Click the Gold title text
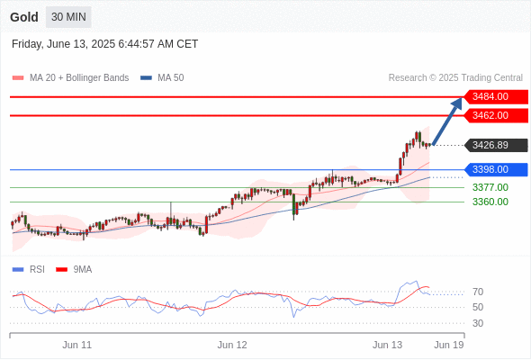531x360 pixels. [24, 17]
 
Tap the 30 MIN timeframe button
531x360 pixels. [68, 17]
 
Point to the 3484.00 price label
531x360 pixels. [496, 97]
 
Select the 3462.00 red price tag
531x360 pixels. [496, 115]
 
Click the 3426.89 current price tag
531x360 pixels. [496, 145]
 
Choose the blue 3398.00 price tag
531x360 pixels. [496, 170]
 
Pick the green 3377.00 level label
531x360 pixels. [490, 187]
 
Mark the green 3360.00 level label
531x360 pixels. [490, 202]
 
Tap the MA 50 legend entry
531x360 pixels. [162, 78]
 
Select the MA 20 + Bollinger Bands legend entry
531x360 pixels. [70, 78]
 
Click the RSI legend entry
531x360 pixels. [29, 270]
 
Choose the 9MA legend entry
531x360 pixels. [74, 270]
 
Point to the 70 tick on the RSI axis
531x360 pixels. [478, 292]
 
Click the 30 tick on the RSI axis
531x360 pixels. [478, 323]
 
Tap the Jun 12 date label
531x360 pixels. [232, 345]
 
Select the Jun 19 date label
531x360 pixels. [449, 345]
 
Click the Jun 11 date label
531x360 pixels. [76, 345]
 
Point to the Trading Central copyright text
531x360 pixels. [455, 78]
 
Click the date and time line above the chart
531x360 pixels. [104, 44]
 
